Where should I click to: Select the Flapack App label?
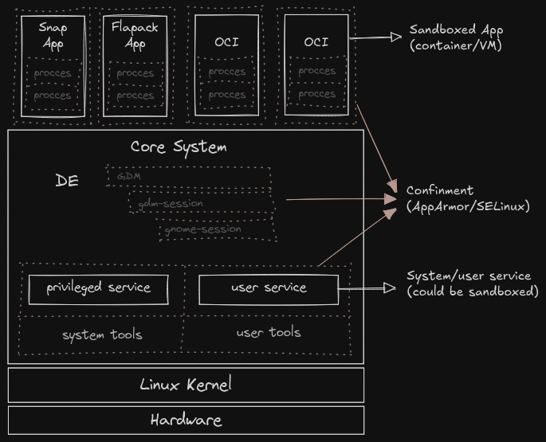(x=136, y=36)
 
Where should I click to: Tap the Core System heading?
(x=179, y=147)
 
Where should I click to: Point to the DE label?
(x=67, y=181)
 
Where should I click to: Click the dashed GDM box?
(x=188, y=176)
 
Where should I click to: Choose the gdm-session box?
(x=201, y=204)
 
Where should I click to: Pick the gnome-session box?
(x=217, y=229)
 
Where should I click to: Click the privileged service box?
(x=98, y=288)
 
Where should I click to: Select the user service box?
(x=269, y=288)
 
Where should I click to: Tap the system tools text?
(x=102, y=334)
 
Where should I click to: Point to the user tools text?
(x=269, y=332)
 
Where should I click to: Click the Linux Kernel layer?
(x=186, y=385)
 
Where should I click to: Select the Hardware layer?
(x=186, y=420)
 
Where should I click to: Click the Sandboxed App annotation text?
(x=456, y=37)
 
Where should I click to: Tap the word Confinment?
(x=440, y=190)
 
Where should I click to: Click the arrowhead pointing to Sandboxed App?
(x=395, y=37)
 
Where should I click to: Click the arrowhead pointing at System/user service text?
(x=390, y=288)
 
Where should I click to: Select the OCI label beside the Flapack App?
(x=226, y=42)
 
